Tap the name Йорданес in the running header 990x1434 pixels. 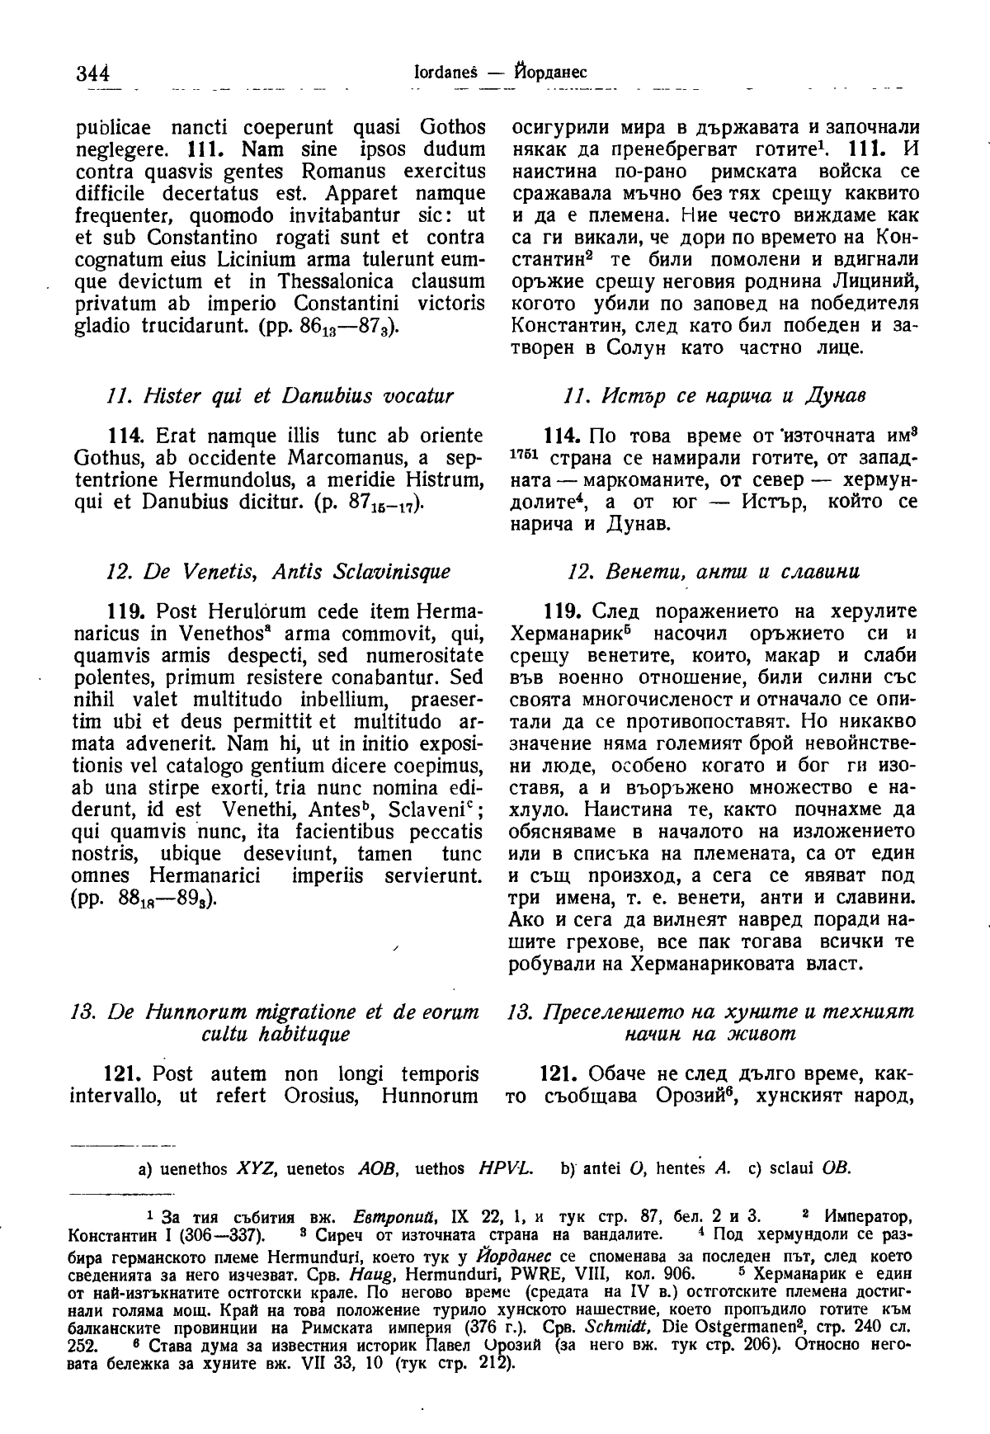548,72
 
